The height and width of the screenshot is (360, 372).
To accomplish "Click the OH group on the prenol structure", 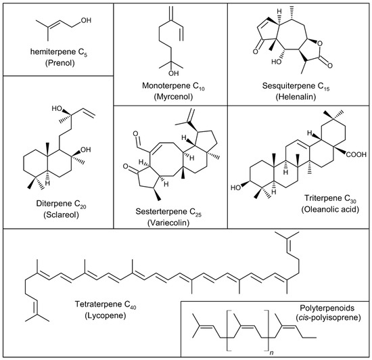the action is coord(86,20).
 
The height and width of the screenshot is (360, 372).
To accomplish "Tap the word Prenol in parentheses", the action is coord(60,63).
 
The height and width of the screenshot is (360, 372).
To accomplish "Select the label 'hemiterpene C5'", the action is coord(59,52).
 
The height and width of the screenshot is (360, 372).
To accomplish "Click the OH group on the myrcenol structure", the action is coord(173,73).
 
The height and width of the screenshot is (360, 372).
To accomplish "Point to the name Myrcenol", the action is coord(173,97).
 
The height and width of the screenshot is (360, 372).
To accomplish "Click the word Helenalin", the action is coord(296,97).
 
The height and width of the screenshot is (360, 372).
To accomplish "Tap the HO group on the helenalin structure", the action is coord(277,62).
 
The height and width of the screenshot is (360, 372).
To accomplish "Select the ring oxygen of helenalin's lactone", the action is coord(320,43).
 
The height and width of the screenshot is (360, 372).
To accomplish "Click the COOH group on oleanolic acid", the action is coord(356,155).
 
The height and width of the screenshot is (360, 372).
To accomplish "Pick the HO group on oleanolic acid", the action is coord(236,188).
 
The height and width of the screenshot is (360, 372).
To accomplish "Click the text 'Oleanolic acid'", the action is coord(330,209).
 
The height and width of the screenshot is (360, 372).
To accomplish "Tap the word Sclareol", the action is coord(61,215).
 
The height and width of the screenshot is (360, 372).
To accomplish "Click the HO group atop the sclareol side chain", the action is coord(57,109).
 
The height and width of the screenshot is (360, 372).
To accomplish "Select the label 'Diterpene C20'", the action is coord(61,204).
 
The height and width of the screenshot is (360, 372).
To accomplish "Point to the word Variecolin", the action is coord(168,223).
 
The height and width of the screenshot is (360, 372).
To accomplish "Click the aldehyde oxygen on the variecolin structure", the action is coord(135,133).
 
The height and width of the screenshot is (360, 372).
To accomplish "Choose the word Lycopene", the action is coord(106,315).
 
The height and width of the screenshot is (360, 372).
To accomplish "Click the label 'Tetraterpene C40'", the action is coord(106,305).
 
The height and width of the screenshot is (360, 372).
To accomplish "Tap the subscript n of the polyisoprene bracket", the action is coord(271,353).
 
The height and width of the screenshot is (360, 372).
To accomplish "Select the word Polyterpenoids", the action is coord(327,308).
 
